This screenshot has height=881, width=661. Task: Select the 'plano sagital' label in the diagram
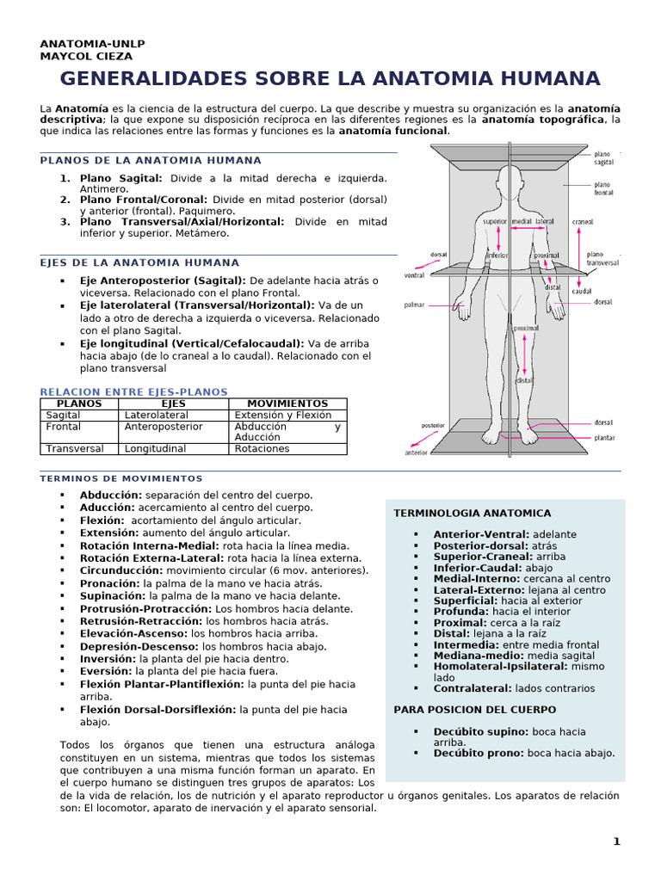click(602, 157)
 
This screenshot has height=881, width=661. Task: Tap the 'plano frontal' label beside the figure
click(602, 188)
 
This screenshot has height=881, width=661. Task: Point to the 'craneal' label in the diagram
click(583, 221)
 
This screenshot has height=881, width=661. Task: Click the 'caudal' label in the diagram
click(582, 292)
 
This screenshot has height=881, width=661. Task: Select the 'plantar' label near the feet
click(604, 438)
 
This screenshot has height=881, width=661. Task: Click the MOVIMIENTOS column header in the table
click(287, 404)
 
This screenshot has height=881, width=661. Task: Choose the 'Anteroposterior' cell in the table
click(164, 426)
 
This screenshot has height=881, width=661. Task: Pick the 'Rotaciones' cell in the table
click(262, 448)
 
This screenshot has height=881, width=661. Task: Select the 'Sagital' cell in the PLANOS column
click(63, 415)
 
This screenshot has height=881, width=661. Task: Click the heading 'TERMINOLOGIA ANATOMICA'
click(472, 513)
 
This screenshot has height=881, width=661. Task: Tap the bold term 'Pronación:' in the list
click(110, 583)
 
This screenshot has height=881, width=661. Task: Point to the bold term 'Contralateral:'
click(473, 688)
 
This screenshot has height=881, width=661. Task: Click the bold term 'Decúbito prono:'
click(478, 753)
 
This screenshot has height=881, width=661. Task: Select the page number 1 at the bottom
click(616, 842)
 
